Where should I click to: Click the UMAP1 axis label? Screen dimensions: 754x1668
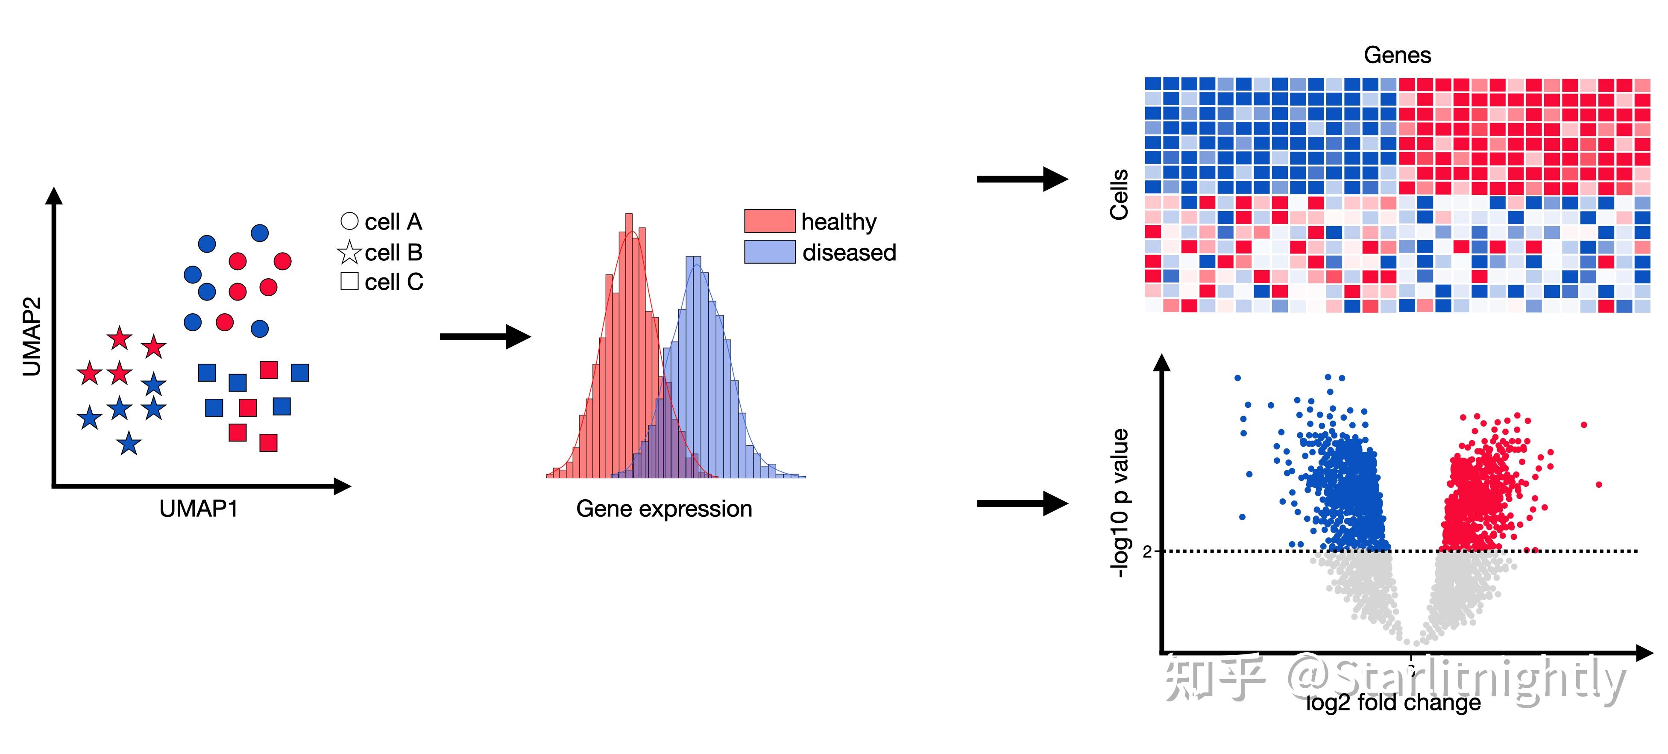click(198, 509)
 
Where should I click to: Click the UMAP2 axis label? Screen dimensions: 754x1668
click(31, 337)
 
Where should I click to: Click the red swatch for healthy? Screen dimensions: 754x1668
click(769, 221)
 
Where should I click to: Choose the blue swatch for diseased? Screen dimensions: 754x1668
click(769, 252)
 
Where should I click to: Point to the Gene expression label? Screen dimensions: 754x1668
click(664, 509)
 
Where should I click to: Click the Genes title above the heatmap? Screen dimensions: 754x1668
click(1397, 55)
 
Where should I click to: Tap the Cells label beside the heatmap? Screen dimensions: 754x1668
click(1120, 194)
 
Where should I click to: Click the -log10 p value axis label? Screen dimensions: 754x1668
click(1120, 502)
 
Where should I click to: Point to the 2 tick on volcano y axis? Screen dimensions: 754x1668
click(1147, 551)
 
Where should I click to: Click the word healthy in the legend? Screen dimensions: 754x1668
click(838, 221)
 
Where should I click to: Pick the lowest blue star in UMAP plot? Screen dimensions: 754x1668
click(129, 444)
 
